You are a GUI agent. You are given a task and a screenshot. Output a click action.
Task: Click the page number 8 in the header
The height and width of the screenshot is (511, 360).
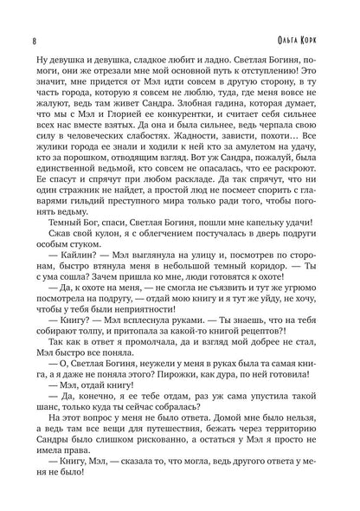[x=32, y=15]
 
